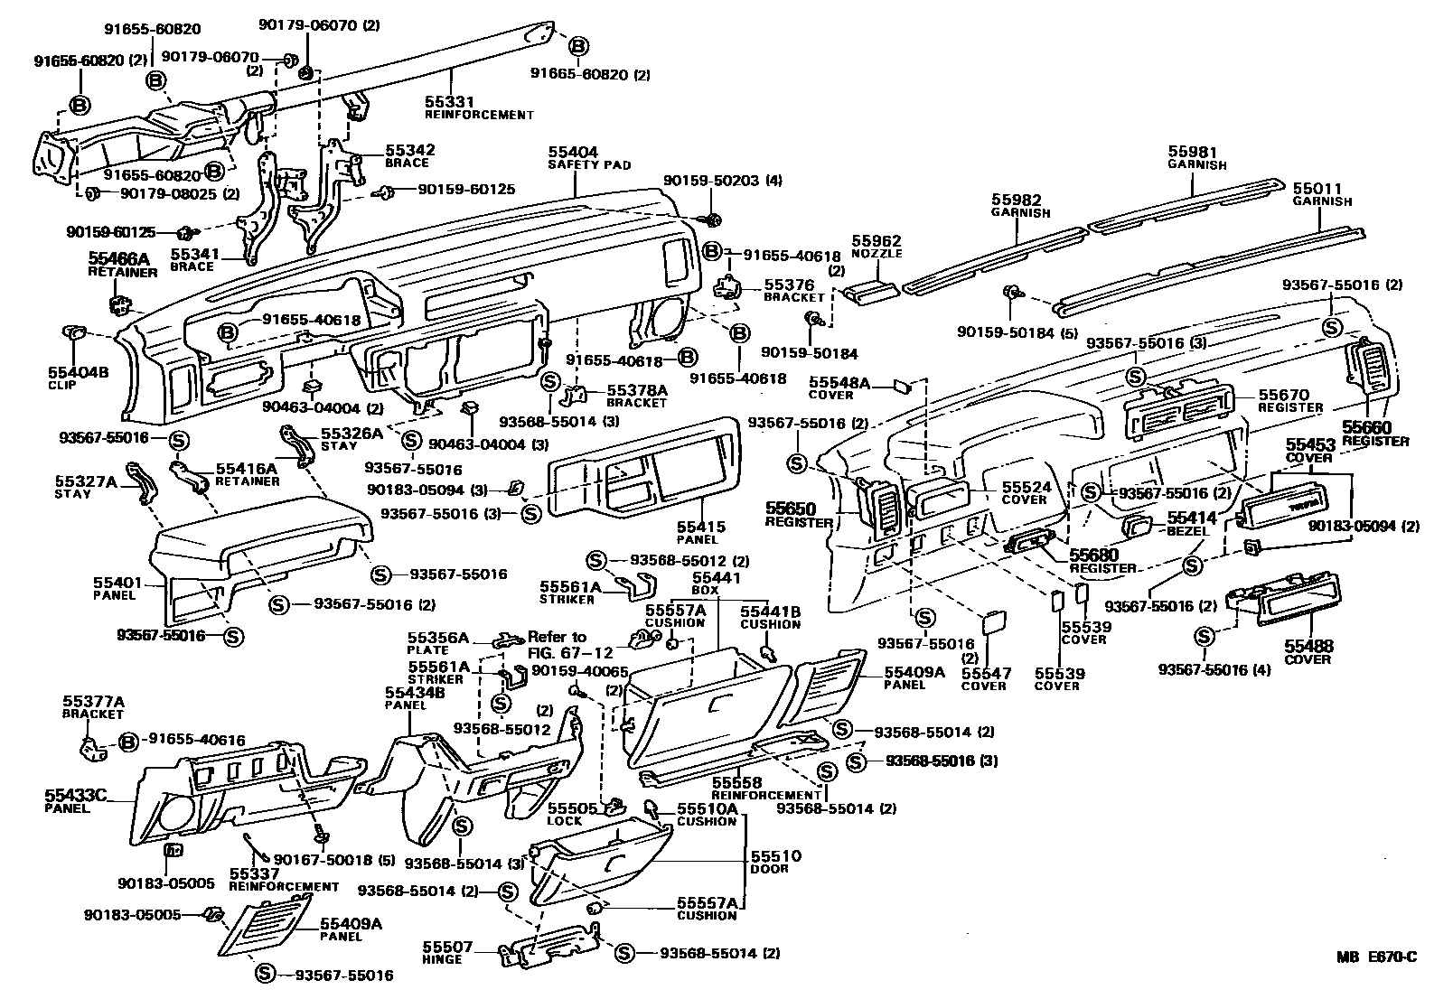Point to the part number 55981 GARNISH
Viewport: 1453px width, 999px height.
pyautogui.click(x=1195, y=153)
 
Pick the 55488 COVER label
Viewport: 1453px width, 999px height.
pyautogui.click(x=1308, y=652)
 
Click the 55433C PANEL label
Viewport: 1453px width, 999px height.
pyautogui.click(x=76, y=800)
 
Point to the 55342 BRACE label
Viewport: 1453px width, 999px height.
pyautogui.click(x=410, y=155)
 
